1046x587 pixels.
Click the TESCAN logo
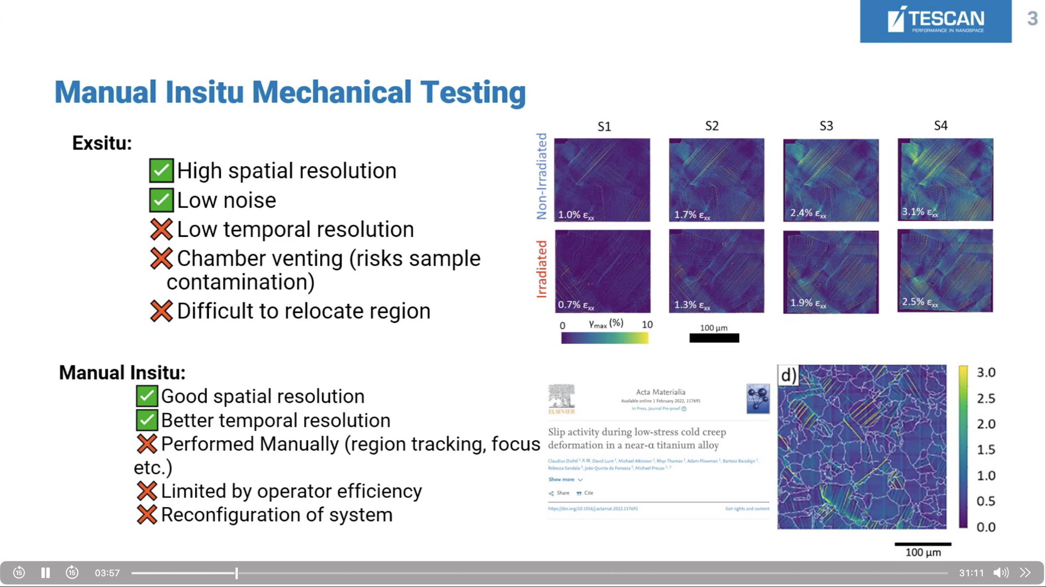[x=935, y=21]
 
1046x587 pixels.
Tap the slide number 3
[x=1032, y=19]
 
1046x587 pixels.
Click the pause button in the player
[x=45, y=573]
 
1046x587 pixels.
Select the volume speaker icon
[x=1000, y=573]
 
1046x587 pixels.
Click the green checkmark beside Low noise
[x=161, y=200]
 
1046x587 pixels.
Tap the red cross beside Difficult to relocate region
[x=161, y=311]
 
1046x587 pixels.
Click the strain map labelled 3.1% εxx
[x=945, y=179]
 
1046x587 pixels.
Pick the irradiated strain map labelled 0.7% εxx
[x=602, y=271]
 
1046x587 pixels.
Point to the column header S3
[x=826, y=126]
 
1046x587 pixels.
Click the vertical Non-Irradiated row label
[x=541, y=176]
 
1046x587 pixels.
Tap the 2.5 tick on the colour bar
[x=985, y=398]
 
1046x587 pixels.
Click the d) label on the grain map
[x=788, y=375]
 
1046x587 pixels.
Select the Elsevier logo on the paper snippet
[x=561, y=399]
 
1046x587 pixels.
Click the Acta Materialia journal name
[x=660, y=392]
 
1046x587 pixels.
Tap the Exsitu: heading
[x=102, y=143]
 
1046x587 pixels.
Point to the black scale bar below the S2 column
[x=714, y=338]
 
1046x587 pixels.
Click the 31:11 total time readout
[x=971, y=573]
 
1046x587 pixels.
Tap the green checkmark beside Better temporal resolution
[x=147, y=420]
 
